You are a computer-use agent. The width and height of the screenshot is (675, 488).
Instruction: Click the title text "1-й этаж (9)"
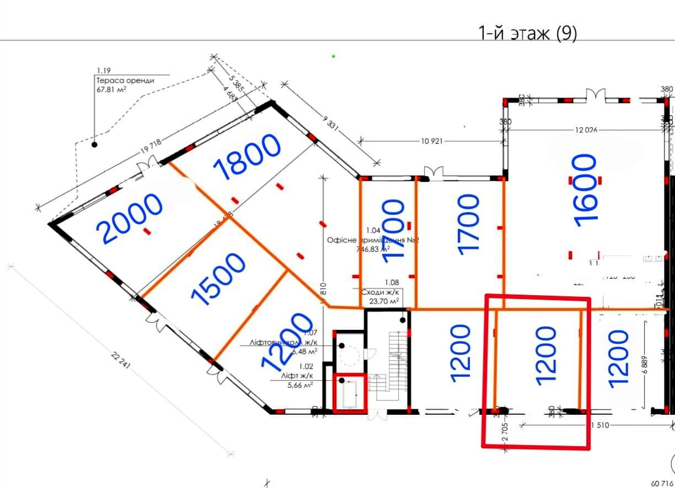point(528,34)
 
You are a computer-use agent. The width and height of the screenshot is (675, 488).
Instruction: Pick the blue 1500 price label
point(218,279)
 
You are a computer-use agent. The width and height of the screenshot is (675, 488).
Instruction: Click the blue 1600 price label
point(585,190)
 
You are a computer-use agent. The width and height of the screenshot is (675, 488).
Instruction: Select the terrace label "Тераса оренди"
point(125,80)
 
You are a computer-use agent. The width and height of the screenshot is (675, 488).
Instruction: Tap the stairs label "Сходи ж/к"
point(380,293)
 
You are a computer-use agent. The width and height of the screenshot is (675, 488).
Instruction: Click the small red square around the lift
point(350,393)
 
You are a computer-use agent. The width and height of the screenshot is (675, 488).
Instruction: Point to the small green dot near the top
point(334,56)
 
